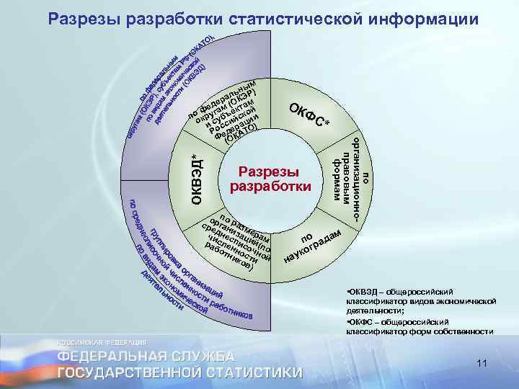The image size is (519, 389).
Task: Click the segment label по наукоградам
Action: click(311, 244)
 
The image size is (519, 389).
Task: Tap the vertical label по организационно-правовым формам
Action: click(352, 176)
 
